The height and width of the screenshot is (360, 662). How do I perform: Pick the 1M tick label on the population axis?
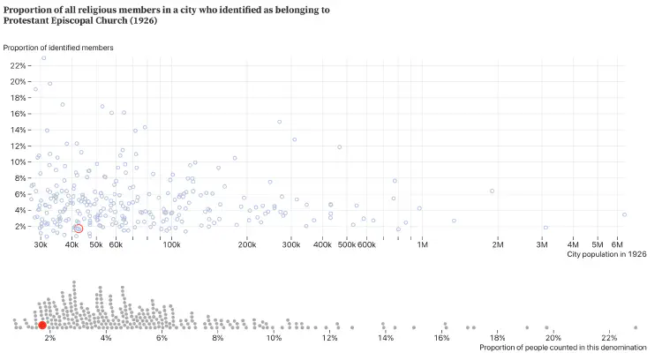(x=423, y=244)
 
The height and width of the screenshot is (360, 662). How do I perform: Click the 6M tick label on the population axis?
(x=618, y=244)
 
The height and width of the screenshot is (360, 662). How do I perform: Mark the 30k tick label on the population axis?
(x=41, y=244)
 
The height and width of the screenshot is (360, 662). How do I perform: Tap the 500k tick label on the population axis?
(x=347, y=244)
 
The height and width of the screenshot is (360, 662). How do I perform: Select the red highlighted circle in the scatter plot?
(x=78, y=229)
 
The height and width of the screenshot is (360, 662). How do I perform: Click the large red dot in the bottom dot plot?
(x=42, y=326)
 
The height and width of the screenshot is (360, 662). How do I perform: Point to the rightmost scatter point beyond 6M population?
(x=624, y=214)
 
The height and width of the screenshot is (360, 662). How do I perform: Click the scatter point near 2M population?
(x=492, y=191)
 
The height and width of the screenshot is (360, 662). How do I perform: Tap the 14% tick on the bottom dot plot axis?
(x=386, y=338)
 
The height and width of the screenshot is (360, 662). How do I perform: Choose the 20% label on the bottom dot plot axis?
(x=553, y=338)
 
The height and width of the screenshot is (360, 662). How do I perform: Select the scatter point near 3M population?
(x=545, y=228)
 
